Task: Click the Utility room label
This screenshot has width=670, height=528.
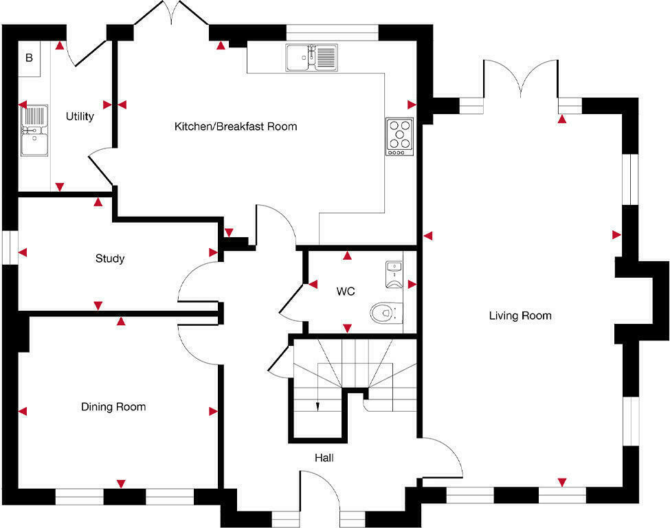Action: (x=80, y=116)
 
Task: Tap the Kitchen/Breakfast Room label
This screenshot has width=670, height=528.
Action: (x=236, y=126)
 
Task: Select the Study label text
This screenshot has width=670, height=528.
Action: (x=110, y=259)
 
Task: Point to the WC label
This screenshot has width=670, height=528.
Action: (x=346, y=291)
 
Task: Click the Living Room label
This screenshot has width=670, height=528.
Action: (x=520, y=316)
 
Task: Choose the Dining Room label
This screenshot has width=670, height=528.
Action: (x=113, y=407)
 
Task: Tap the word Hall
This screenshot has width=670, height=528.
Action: (x=324, y=457)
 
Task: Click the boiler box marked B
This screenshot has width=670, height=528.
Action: (x=29, y=58)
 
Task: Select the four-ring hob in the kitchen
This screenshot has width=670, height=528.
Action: (x=400, y=135)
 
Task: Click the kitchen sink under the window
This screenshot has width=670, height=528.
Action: (x=312, y=57)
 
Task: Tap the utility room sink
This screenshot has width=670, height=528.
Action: (x=34, y=131)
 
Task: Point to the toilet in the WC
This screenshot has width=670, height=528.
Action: (x=383, y=313)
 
